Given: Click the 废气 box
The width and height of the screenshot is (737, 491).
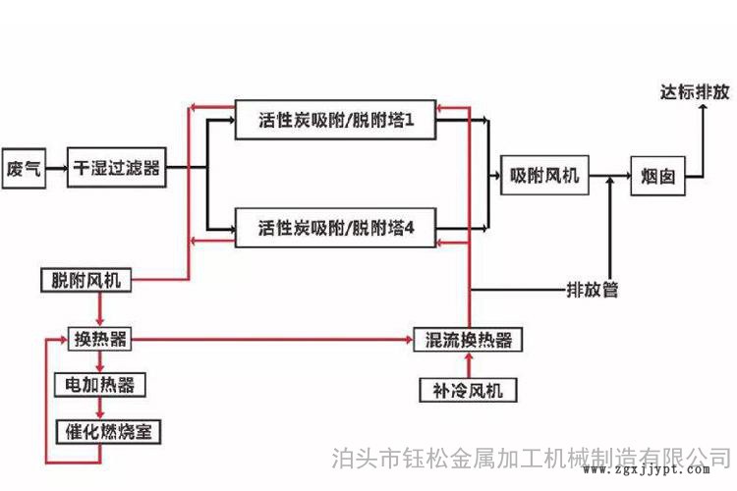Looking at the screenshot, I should [x=24, y=168].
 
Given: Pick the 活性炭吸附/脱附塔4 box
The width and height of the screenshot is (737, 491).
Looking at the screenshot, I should [x=335, y=228].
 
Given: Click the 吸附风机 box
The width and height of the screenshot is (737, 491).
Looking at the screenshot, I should [x=543, y=177].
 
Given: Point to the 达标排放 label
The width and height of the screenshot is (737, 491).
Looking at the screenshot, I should [x=695, y=94].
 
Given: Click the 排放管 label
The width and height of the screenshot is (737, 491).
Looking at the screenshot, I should [x=593, y=291].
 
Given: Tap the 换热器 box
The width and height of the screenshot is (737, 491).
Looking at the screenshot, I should [x=99, y=339].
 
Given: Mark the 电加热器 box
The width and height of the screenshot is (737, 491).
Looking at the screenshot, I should [x=99, y=384].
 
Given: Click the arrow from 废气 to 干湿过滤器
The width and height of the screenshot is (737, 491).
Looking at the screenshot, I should [x=57, y=168].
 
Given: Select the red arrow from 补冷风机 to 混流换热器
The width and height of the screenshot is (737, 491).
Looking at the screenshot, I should [x=468, y=364].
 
